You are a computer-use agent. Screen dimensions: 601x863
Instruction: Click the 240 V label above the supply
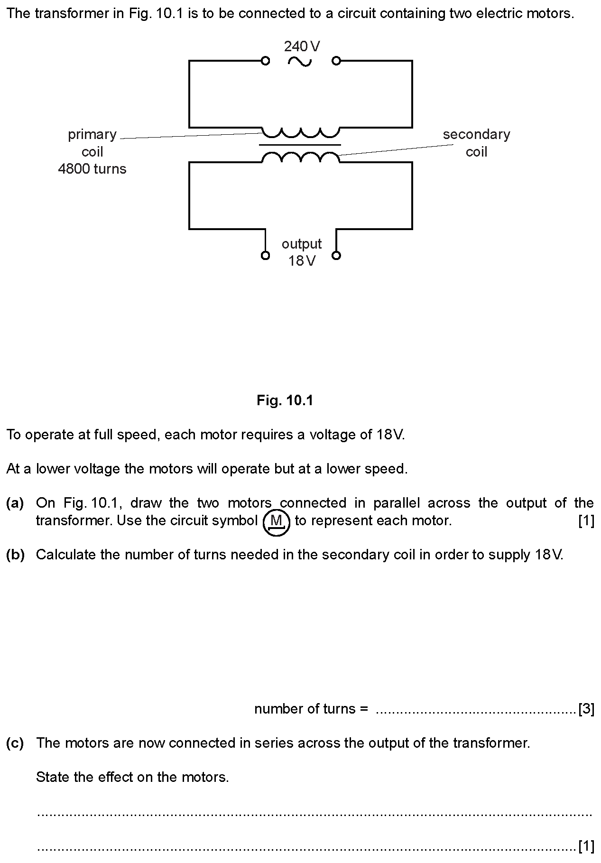[302, 46]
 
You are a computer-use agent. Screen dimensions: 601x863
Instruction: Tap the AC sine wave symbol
[300, 61]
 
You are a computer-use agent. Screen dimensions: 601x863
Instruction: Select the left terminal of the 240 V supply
[266, 61]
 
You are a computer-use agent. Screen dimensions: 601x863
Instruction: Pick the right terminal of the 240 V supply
[336, 61]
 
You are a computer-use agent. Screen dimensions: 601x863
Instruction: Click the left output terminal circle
[266, 256]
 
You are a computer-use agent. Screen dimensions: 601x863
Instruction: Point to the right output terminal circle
[336, 256]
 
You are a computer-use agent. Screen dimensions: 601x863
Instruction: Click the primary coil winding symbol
[301, 131]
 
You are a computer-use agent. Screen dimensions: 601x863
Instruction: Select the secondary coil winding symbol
[301, 157]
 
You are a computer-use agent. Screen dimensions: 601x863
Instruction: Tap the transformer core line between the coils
[300, 145]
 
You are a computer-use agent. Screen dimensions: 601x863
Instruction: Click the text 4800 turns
[92, 169]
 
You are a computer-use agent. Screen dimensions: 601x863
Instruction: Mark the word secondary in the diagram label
[476, 134]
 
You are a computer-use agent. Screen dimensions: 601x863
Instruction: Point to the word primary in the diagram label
[92, 135]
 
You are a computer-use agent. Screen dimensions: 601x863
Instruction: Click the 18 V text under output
[302, 261]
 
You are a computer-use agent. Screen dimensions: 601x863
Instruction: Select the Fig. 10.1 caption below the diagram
[285, 400]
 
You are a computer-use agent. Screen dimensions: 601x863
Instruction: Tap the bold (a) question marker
[15, 503]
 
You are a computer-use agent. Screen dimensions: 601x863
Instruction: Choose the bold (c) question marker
[15, 742]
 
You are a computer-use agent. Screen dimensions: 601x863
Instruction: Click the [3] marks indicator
[586, 709]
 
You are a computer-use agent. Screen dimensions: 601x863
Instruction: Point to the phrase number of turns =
[311, 709]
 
